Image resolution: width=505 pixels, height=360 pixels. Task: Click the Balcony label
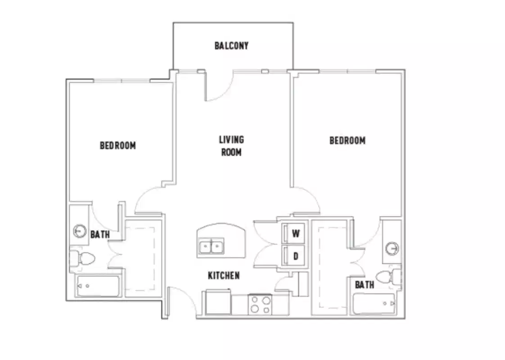pos(231,45)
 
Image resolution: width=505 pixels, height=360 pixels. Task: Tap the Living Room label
pos(231,146)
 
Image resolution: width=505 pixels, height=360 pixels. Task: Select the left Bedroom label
pos(117,145)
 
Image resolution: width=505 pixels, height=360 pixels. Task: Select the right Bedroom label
pos(347,140)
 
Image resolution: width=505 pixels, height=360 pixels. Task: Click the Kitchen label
pos(224,275)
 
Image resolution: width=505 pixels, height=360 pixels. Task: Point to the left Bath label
pos(99,234)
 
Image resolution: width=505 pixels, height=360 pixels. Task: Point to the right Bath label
pos(364,284)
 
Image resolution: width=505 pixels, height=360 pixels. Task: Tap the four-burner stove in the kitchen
pos(260,304)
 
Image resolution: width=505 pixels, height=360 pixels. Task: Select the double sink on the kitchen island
pos(212,247)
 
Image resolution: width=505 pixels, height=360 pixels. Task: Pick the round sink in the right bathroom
pos(392,248)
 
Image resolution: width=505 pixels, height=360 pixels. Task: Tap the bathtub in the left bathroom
pos(98,286)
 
